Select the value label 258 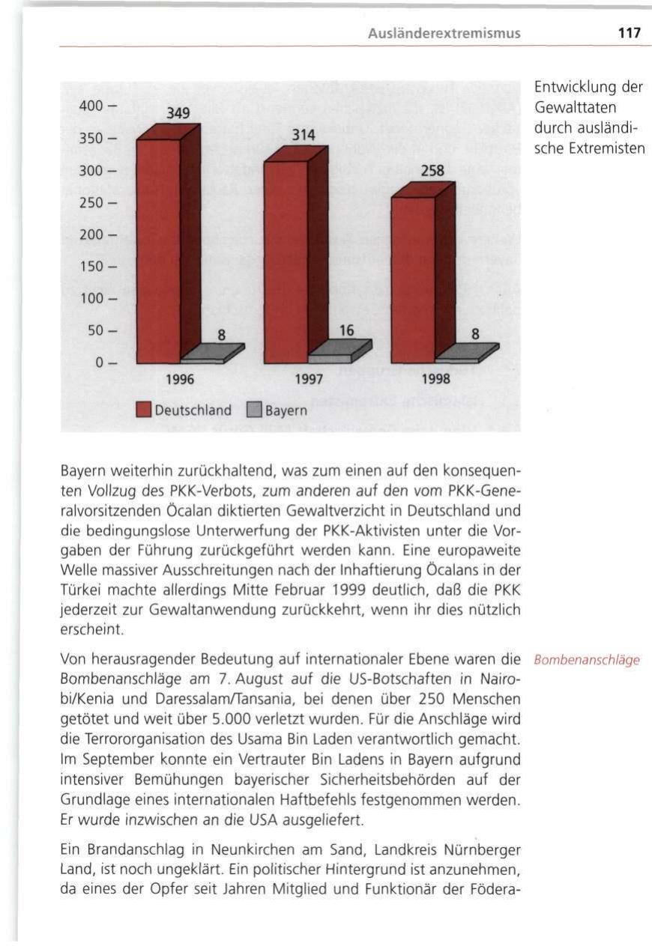432,172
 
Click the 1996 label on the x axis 180,379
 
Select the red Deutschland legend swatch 145,410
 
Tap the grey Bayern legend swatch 253,410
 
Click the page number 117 631,33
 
